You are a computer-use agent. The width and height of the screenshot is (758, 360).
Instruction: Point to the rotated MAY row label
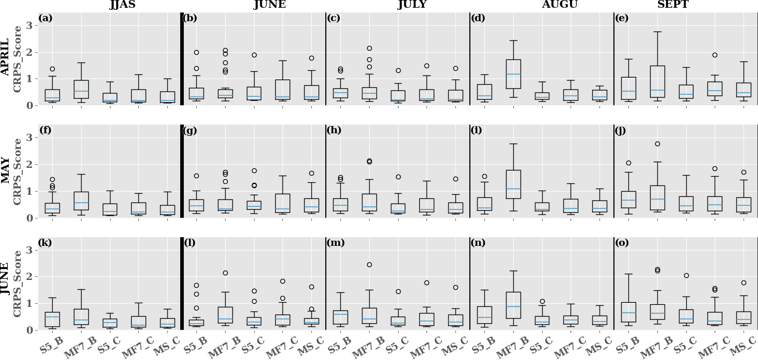coord(6,171)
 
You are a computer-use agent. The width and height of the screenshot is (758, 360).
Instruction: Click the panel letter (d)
coord(476,19)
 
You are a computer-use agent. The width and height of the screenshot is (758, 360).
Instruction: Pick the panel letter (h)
coord(333,131)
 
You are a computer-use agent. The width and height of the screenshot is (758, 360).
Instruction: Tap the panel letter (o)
coord(621,243)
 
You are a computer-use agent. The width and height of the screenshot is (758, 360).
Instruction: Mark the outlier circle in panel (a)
coord(52,69)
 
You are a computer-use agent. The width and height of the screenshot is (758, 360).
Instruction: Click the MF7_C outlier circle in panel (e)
coord(715,55)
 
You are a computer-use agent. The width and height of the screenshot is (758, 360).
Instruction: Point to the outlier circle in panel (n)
coord(542,301)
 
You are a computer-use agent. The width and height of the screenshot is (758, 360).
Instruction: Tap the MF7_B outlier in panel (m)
coord(369,264)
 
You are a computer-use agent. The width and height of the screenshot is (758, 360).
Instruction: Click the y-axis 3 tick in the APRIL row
coord(30,25)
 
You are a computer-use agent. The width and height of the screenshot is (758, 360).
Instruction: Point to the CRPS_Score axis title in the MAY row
coord(18,171)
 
